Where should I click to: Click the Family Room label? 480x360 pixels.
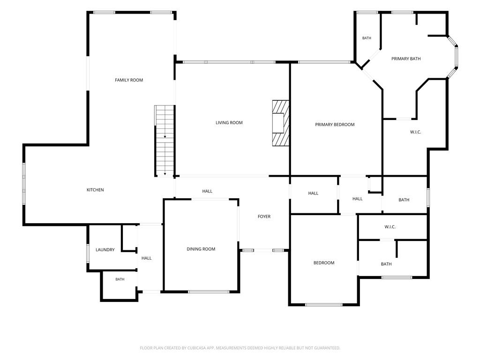(x=129, y=80)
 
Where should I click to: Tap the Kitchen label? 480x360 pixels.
(x=95, y=190)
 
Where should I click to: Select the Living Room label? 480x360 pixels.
(x=229, y=123)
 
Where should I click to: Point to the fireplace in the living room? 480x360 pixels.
(x=281, y=123)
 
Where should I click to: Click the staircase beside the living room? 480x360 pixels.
(x=165, y=141)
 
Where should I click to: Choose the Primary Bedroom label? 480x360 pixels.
(x=335, y=125)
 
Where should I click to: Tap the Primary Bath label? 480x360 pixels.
(x=406, y=59)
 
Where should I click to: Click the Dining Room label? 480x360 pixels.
(x=201, y=249)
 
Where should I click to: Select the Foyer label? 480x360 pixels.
(x=264, y=217)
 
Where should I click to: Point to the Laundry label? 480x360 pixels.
(x=105, y=250)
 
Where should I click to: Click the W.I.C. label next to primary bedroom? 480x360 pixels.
(x=415, y=132)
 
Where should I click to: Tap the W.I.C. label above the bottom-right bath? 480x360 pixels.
(x=390, y=227)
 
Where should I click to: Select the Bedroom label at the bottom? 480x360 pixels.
(x=324, y=262)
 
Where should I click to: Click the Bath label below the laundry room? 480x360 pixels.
(x=120, y=279)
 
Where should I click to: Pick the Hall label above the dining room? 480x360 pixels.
(x=207, y=191)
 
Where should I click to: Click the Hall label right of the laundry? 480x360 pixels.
(x=147, y=258)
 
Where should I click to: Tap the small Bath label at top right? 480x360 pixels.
(x=367, y=38)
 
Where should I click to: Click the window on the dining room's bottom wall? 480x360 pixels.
(x=209, y=292)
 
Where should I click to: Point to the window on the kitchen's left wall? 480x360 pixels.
(x=24, y=183)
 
